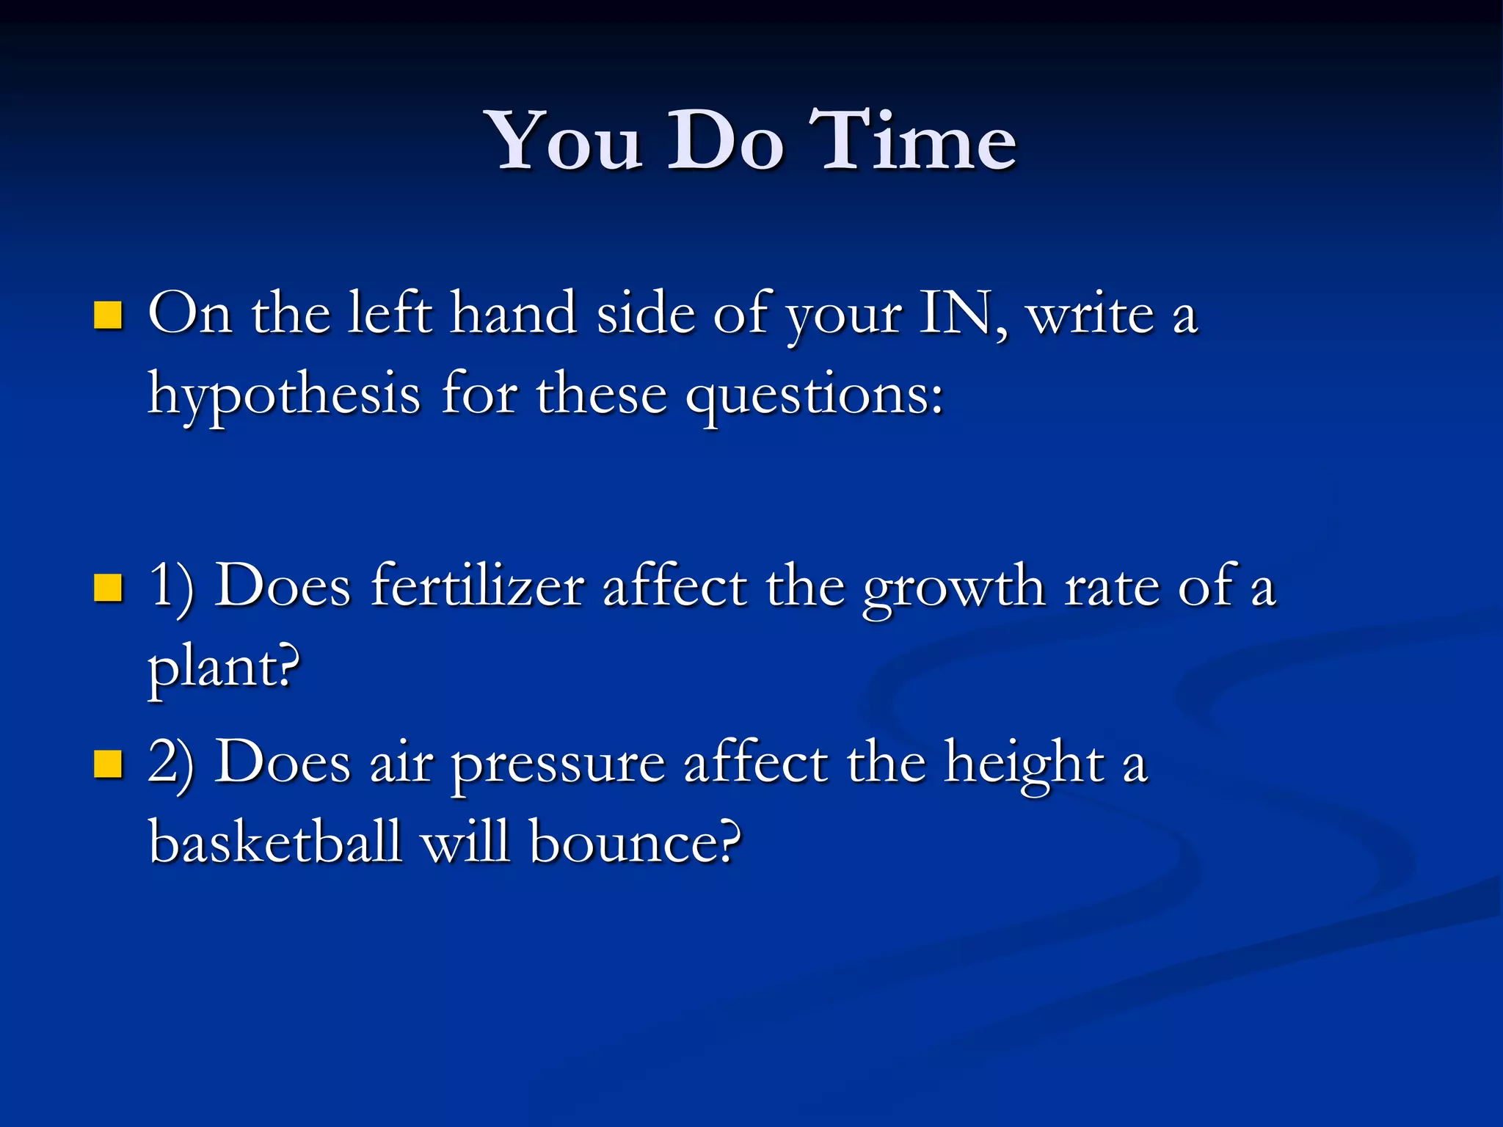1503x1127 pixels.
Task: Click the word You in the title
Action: tap(566, 141)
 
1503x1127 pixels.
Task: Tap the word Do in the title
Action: tap(725, 141)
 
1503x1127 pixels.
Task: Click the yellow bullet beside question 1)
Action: tap(108, 587)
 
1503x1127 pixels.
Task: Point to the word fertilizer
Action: tap(477, 587)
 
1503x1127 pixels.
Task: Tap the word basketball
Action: tap(275, 841)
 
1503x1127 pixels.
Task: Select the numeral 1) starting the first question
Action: tap(171, 587)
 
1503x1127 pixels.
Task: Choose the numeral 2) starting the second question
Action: tap(171, 763)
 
